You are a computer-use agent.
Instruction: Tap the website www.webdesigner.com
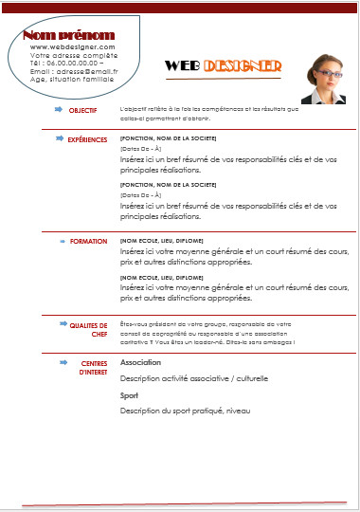[x=72, y=46]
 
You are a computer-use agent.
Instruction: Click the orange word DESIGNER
[x=243, y=66]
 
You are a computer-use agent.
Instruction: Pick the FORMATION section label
[x=89, y=241]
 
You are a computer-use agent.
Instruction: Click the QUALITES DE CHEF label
[x=88, y=329]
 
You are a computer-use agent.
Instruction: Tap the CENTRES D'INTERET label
[x=93, y=367]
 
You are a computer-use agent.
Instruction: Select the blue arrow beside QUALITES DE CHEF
[x=56, y=324]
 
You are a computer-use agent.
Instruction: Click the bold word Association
[x=140, y=363]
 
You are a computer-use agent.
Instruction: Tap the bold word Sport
[x=130, y=394]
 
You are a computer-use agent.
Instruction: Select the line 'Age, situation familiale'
[x=72, y=79]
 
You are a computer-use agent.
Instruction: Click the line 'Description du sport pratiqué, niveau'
[x=186, y=410]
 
